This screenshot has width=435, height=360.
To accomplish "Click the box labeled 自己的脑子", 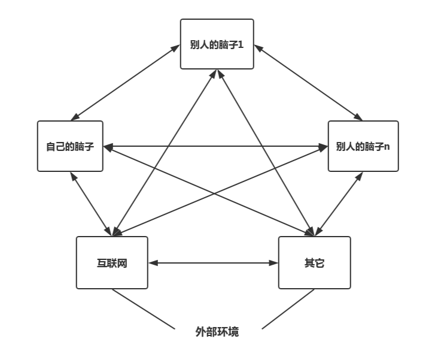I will pyautogui.click(x=70, y=146).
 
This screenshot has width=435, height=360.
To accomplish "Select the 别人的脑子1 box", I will pyautogui.click(x=217, y=44).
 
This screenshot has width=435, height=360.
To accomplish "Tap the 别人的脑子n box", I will pyautogui.click(x=363, y=146).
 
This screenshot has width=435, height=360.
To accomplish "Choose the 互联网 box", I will pyautogui.click(x=112, y=262).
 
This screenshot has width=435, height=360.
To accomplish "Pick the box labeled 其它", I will pyautogui.click(x=314, y=262).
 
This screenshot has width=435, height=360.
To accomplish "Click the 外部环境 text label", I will pyautogui.click(x=217, y=331).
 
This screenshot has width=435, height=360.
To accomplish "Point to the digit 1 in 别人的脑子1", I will pyautogui.click(x=241, y=44).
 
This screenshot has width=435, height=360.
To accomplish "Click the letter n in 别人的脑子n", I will pyautogui.click(x=387, y=147).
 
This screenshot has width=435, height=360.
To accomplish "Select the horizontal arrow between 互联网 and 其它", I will pyautogui.click(x=213, y=262).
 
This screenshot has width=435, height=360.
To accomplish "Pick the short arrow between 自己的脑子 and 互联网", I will pyautogui.click(x=90, y=204).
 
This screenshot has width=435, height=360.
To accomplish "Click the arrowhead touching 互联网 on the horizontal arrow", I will pyautogui.click(x=152, y=262).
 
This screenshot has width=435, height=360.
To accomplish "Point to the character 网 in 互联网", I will pyautogui.click(x=123, y=263).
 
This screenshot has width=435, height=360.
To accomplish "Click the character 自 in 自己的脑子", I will pyautogui.click(x=50, y=147).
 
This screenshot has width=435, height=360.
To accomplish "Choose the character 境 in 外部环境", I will pyautogui.click(x=233, y=331).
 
